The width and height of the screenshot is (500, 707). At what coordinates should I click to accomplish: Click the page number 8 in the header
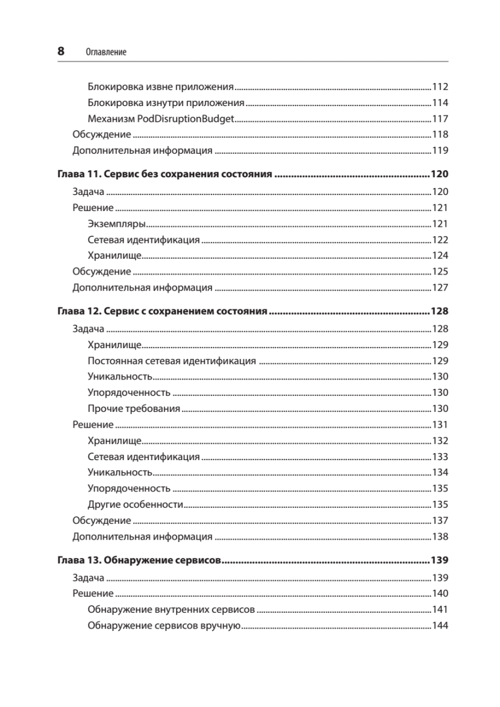click(61, 51)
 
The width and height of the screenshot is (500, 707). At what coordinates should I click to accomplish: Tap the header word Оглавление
click(106, 52)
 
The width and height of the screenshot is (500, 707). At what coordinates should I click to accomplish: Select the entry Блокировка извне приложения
click(161, 87)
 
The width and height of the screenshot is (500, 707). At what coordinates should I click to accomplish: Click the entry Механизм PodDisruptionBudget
click(161, 118)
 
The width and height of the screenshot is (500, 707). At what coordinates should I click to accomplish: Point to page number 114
click(440, 103)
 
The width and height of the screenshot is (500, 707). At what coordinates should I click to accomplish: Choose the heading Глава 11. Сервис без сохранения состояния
click(164, 175)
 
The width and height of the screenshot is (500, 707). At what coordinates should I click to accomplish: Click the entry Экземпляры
click(117, 224)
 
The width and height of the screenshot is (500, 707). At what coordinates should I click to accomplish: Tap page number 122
click(440, 240)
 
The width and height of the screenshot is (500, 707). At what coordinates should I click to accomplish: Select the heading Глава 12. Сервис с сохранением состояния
click(163, 312)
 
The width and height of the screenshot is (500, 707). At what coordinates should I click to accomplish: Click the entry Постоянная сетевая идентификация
click(171, 361)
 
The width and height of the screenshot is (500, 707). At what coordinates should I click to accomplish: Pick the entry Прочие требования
click(134, 408)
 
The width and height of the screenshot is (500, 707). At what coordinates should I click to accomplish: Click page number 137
click(440, 520)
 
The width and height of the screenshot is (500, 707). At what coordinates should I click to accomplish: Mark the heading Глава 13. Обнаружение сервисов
click(139, 560)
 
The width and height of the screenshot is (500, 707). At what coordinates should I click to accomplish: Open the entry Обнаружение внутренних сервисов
click(171, 609)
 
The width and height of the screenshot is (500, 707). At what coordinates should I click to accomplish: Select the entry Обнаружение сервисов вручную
click(163, 625)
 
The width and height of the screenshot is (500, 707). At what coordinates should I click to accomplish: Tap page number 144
click(440, 625)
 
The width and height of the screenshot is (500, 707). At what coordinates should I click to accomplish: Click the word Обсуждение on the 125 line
click(101, 272)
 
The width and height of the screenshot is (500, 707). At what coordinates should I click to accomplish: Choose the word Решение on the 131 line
click(92, 424)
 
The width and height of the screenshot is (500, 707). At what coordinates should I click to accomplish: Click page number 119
click(440, 150)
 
